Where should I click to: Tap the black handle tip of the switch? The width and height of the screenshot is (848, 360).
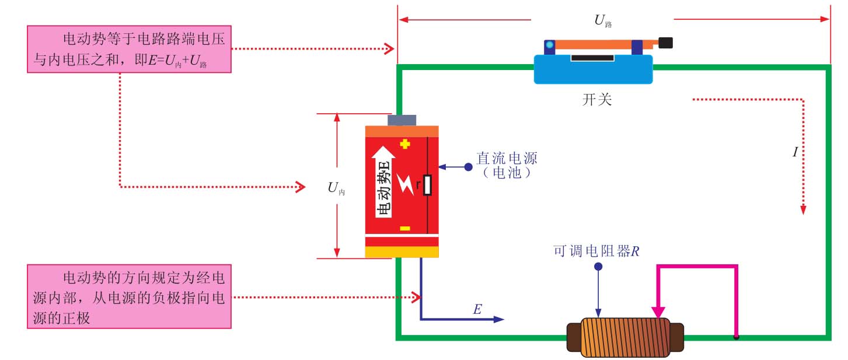(x=665, y=43)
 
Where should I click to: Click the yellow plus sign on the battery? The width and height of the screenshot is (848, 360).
(x=405, y=144)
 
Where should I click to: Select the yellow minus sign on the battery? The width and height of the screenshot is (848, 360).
(x=405, y=228)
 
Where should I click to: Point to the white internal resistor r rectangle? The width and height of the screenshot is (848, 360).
(x=428, y=185)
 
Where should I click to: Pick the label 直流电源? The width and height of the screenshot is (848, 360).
(x=507, y=159)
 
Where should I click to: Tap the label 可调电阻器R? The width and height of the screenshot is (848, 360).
(x=596, y=251)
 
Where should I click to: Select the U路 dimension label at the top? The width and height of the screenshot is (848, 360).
(x=603, y=22)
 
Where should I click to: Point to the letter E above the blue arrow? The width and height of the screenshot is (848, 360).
(x=477, y=310)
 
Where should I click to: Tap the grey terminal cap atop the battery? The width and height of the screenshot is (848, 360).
(x=402, y=120)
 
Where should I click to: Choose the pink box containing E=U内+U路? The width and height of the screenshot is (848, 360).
(x=129, y=51)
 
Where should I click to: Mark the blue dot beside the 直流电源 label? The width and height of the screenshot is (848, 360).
(x=468, y=167)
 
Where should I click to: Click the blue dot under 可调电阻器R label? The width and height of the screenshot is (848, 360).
(x=598, y=267)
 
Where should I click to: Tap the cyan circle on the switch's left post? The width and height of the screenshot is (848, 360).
(x=549, y=44)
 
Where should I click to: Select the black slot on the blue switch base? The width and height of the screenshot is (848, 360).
(x=592, y=58)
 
